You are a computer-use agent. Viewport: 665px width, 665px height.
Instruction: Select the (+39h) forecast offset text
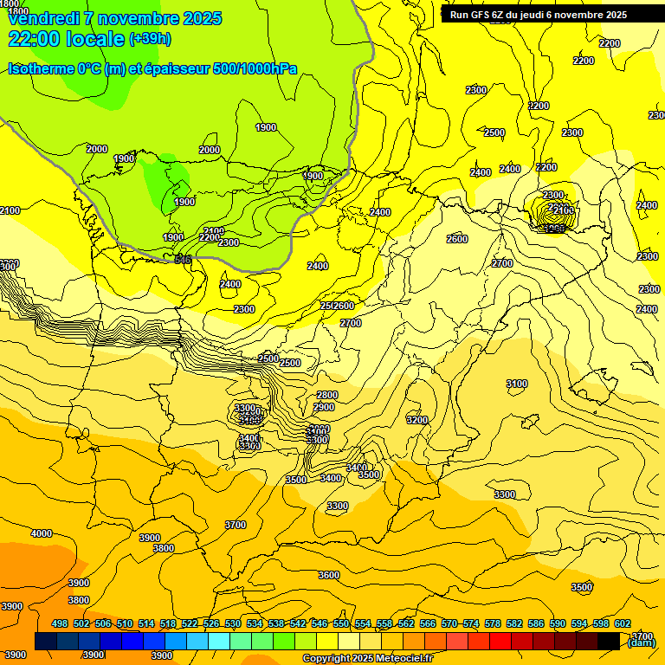click(150, 39)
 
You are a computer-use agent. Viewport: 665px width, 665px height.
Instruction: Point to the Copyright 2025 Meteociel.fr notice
click(368, 658)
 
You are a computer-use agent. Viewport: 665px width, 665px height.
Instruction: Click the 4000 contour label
click(41, 534)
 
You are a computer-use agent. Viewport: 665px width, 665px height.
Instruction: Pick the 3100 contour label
click(516, 384)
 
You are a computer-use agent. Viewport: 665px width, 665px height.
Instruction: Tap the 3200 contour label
click(417, 420)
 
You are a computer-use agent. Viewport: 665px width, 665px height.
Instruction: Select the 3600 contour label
click(328, 575)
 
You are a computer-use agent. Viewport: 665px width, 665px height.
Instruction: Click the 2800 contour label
click(327, 396)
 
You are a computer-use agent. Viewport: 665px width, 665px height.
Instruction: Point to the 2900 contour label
click(324, 407)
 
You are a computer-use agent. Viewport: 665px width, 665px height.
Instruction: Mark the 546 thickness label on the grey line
click(183, 260)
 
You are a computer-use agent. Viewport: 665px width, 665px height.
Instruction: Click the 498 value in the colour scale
click(60, 624)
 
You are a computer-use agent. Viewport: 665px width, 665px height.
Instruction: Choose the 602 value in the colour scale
click(623, 624)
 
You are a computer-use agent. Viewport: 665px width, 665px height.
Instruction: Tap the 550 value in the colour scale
click(341, 624)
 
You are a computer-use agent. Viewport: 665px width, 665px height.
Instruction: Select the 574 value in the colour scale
click(471, 624)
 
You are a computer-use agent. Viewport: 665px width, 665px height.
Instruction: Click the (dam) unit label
click(642, 642)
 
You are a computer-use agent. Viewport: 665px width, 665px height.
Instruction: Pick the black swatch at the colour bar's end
click(609, 641)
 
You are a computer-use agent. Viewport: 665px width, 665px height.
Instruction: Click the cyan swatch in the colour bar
click(219, 641)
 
